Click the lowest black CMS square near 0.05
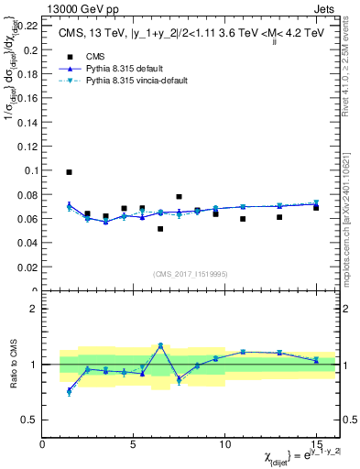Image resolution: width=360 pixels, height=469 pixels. point(160,229)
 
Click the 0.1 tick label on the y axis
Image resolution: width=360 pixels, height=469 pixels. point(29,170)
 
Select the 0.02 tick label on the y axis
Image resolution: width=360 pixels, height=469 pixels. point(27,267)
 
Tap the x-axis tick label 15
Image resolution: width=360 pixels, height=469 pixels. point(316,443)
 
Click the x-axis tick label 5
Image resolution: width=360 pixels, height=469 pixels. point(134,443)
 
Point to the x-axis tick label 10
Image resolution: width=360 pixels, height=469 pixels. point(224,443)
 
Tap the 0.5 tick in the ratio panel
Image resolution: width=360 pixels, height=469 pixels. point(29,420)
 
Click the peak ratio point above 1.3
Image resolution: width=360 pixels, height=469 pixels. point(160,345)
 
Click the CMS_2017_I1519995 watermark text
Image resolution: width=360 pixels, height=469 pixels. point(191,274)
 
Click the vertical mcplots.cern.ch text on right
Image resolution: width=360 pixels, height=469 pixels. point(349,202)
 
